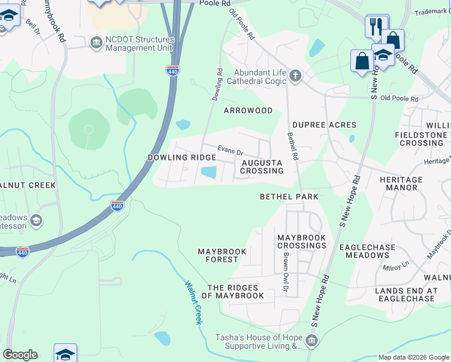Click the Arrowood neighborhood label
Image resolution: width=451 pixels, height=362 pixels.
tap(248, 110)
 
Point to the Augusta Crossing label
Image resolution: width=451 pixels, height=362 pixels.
tap(262, 167)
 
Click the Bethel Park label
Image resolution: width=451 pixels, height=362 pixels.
tap(289, 197)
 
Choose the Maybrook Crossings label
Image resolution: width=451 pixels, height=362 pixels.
tap(301, 242)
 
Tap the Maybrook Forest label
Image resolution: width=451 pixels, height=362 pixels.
tap(218, 255)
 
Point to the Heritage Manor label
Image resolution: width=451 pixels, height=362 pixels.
tap(401, 184)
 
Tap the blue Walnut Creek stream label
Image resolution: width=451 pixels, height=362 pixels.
tap(192, 302)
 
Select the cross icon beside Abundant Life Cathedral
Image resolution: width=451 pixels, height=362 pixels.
tap(295, 75)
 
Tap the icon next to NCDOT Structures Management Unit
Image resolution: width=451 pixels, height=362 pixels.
tap(96, 42)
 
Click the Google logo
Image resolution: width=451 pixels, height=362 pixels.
tap(20, 355)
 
